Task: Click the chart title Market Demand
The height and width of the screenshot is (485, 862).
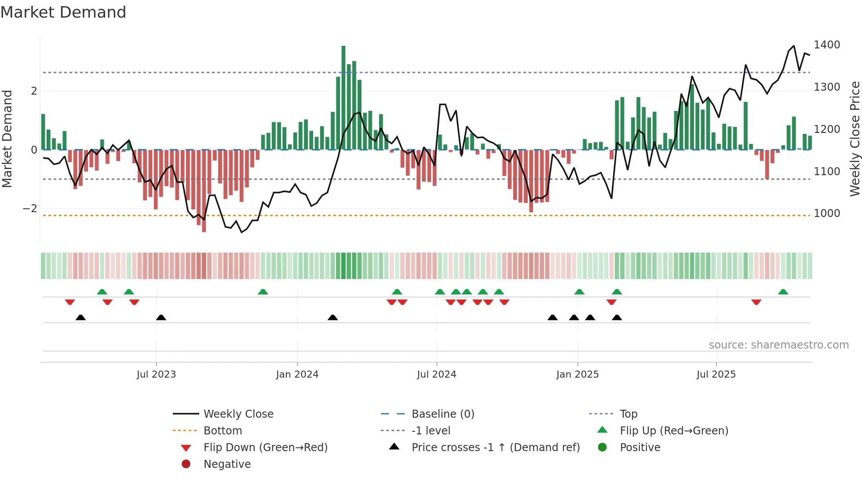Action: click(x=63, y=12)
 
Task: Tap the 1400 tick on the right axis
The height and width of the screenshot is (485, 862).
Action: click(x=826, y=45)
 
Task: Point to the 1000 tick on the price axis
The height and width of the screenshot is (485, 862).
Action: click(x=826, y=213)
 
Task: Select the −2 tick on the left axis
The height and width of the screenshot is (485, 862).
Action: click(x=30, y=209)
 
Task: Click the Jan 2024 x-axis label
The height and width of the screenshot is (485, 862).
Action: click(x=297, y=375)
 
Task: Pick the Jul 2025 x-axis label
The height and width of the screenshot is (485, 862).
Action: click(x=716, y=375)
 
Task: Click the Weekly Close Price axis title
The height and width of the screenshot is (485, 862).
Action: click(x=855, y=139)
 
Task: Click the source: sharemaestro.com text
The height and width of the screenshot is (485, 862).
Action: click(x=778, y=345)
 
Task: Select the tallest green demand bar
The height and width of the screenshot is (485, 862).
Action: click(x=343, y=97)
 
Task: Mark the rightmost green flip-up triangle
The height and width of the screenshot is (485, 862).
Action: click(x=783, y=292)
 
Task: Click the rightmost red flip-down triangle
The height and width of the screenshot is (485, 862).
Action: click(x=756, y=302)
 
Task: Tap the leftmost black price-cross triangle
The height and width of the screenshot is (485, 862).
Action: click(x=80, y=317)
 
